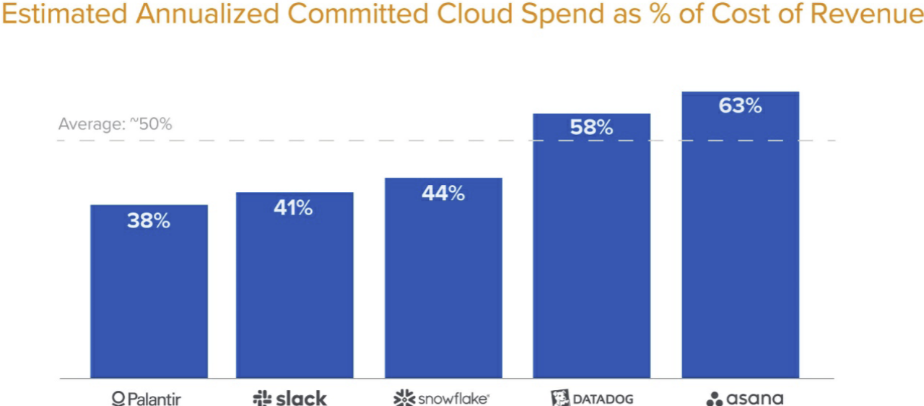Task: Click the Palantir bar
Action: click(149, 296)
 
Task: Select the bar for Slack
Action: click(295, 289)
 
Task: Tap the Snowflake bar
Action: click(443, 282)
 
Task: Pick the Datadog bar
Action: click(591, 253)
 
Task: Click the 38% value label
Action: click(149, 221)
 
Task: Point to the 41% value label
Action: click(293, 209)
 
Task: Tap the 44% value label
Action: click(443, 194)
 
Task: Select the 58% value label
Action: click(591, 128)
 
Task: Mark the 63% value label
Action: click(740, 106)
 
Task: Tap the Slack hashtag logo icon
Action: click(261, 398)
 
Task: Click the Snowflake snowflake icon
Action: click(404, 398)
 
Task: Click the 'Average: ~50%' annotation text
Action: click(115, 124)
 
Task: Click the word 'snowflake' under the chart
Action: click(452, 399)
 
